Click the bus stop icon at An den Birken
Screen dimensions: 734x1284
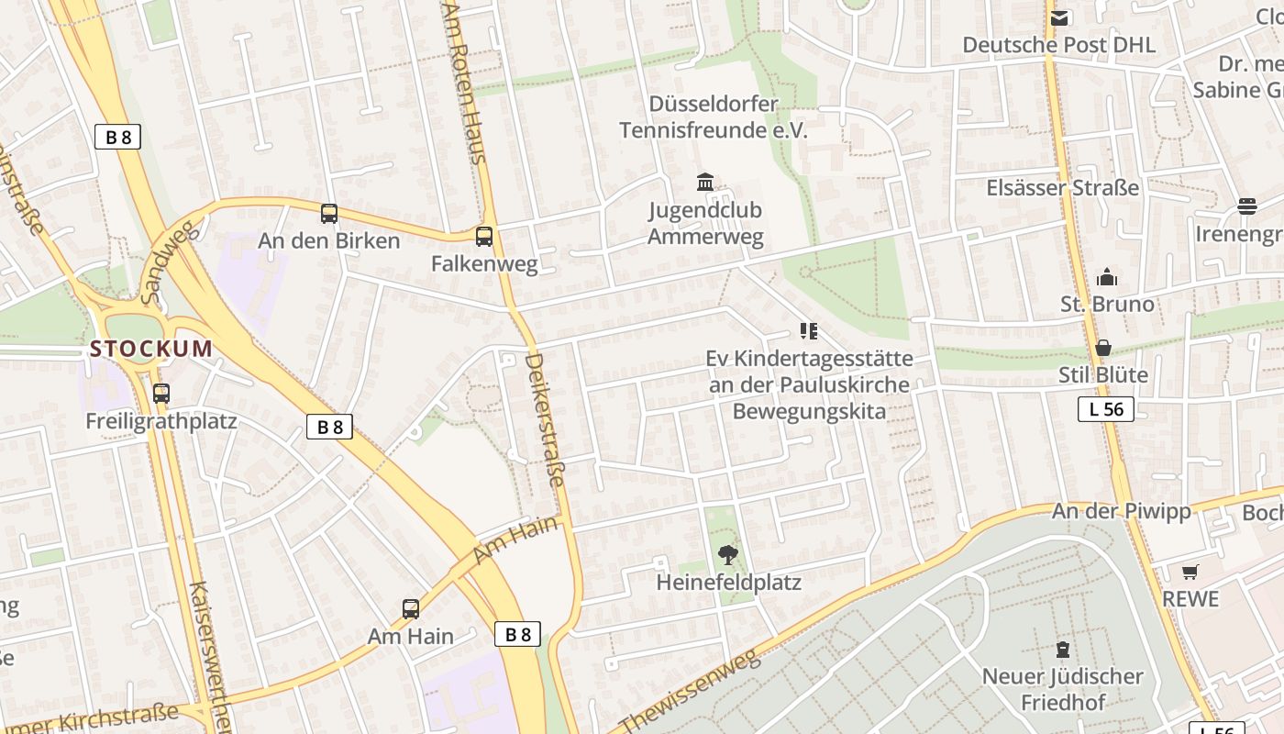pyautogui.click(x=329, y=214)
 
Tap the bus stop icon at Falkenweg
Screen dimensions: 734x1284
pyautogui.click(x=484, y=237)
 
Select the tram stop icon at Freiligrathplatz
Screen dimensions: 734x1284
pyautogui.click(x=161, y=394)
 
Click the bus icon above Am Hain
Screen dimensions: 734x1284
pyautogui.click(x=411, y=608)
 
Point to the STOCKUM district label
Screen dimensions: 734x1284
pyautogui.click(x=151, y=349)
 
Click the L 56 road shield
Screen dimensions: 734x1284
pyautogui.click(x=1106, y=409)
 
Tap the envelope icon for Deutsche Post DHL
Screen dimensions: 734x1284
pyautogui.click(x=1059, y=17)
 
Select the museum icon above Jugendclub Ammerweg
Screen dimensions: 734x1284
pyautogui.click(x=705, y=182)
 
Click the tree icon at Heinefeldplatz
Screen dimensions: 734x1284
pyautogui.click(x=728, y=554)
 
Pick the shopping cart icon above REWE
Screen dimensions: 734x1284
pyautogui.click(x=1190, y=572)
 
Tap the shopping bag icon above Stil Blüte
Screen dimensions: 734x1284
pyautogui.click(x=1103, y=348)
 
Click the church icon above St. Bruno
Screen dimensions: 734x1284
pyautogui.click(x=1107, y=277)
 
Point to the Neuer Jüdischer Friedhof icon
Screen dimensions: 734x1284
pyautogui.click(x=1063, y=650)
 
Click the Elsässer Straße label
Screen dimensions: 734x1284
pyautogui.click(x=1062, y=188)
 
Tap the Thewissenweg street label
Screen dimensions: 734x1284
pyautogui.click(x=692, y=692)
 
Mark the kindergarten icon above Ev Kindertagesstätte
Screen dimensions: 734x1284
pyautogui.click(x=808, y=331)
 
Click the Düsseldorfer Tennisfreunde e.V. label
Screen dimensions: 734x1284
pyautogui.click(x=714, y=117)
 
